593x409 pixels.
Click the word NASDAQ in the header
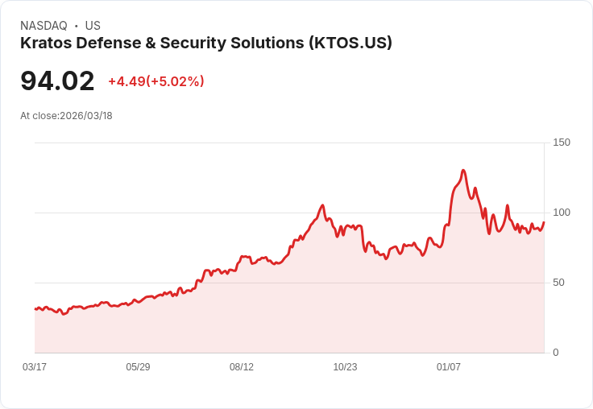point(44,26)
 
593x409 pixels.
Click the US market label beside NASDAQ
point(93,26)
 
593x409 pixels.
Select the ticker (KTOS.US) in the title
point(350,43)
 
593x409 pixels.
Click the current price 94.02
point(57,81)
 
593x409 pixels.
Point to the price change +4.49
point(126,81)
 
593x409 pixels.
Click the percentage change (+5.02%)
point(176,81)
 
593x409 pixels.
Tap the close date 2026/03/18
point(86,116)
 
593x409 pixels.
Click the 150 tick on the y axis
point(562,143)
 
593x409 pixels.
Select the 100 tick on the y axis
point(562,213)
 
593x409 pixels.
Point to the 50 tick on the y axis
point(558,283)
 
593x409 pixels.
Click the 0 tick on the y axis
point(556,353)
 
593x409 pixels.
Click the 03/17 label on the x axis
point(35,367)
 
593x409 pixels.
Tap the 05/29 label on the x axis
point(138,367)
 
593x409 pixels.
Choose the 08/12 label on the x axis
point(242,367)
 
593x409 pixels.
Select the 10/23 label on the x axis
point(345,367)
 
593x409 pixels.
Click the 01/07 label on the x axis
point(449,367)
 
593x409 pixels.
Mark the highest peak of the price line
point(463,171)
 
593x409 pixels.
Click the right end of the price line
point(544,222)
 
